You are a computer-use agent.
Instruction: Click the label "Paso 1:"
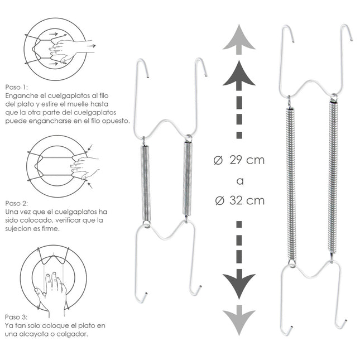[16, 88]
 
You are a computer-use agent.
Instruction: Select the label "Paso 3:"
[16, 317]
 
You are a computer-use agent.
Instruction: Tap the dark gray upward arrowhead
[239, 75]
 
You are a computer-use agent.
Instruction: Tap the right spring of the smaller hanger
[188, 179]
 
